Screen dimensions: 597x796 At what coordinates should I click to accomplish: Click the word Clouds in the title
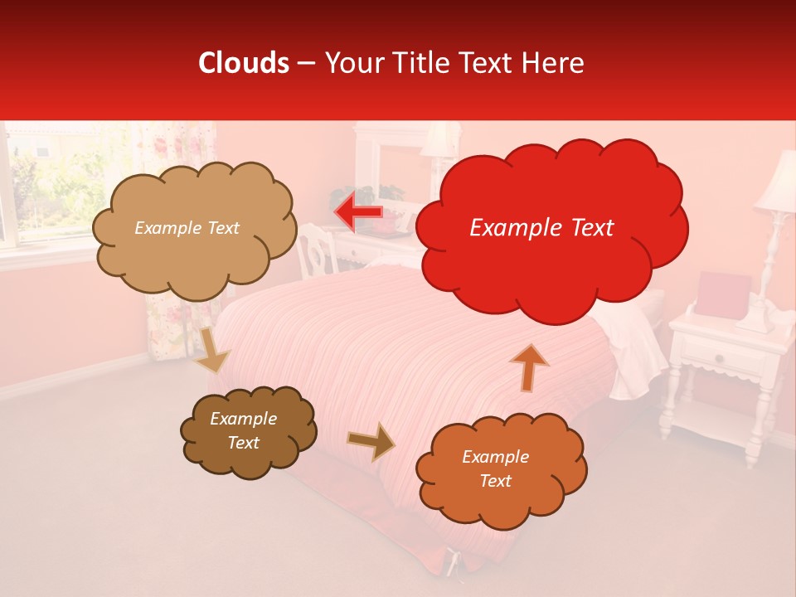coord(245,63)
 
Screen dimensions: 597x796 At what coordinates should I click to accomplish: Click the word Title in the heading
coord(420,63)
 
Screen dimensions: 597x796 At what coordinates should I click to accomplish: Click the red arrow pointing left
coord(358,211)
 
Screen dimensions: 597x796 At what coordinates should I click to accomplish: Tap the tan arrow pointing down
coord(211,349)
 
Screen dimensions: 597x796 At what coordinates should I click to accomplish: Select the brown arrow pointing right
coord(371,440)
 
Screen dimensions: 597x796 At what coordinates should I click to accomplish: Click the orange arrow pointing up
coord(529,367)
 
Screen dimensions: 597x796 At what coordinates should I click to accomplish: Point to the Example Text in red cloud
coord(541,227)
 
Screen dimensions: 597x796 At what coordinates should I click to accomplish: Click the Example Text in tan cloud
coord(187,228)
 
